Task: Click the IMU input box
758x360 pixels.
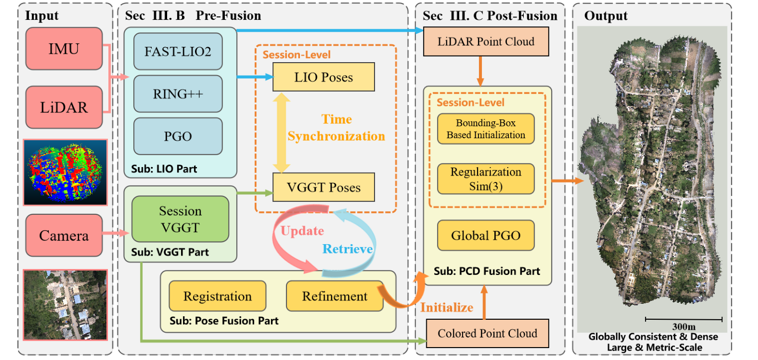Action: [x=64, y=49]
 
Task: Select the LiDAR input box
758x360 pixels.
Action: [x=64, y=107]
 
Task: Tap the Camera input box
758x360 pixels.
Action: [x=64, y=235]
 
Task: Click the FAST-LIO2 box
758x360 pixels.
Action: [x=178, y=51]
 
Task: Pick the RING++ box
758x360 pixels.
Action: [x=178, y=93]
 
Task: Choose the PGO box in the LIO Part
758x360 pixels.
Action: [x=178, y=136]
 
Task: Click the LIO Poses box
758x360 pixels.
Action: [x=324, y=77]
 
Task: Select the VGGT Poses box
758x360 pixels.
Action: [x=324, y=187]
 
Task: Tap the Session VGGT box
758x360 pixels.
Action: [x=181, y=219]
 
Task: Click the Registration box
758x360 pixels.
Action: [x=217, y=296]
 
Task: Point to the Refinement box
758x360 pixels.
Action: [x=335, y=296]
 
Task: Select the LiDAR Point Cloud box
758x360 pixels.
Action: [x=486, y=41]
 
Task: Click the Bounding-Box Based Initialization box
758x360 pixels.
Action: [x=486, y=129]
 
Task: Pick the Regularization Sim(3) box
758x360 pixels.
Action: [x=486, y=179]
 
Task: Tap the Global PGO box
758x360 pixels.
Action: [x=486, y=236]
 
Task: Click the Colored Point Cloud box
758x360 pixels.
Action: [x=487, y=333]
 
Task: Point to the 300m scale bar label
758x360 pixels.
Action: [x=684, y=327]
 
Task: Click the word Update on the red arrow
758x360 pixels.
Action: [x=302, y=231]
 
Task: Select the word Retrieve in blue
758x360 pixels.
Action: [x=348, y=249]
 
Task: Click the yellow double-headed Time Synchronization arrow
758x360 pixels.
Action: [x=282, y=133]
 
